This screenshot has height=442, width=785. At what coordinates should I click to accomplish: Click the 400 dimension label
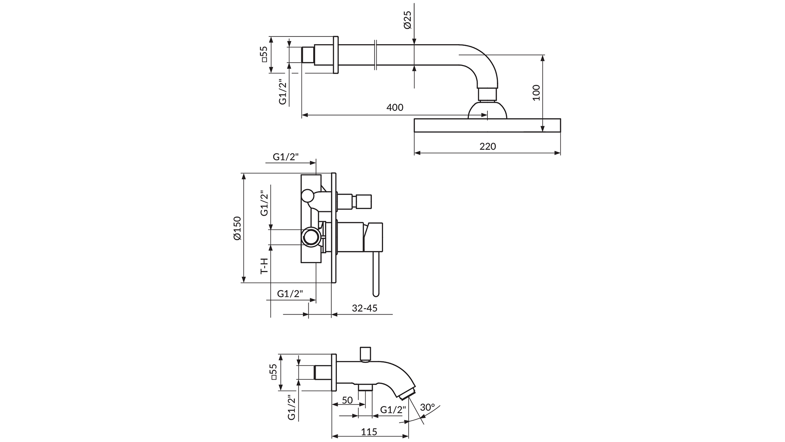point(395,108)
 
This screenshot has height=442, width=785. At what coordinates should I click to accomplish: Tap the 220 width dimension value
point(487,147)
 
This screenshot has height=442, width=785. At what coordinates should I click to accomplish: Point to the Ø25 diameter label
point(408,20)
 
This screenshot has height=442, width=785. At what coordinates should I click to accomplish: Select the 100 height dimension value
point(536,92)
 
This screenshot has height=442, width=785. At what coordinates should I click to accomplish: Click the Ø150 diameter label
point(238,228)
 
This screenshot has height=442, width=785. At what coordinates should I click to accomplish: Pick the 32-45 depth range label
point(364,308)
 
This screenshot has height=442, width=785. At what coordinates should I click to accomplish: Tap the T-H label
point(265,266)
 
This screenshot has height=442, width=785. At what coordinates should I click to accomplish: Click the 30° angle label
point(427,408)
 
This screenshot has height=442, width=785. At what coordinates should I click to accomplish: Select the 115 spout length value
point(369,432)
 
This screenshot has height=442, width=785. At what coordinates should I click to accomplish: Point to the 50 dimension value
point(347,400)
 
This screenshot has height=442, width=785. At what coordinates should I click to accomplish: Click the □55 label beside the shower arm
point(264,54)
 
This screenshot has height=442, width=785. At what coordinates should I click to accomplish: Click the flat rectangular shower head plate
point(487,126)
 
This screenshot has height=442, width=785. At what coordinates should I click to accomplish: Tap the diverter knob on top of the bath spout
point(365,354)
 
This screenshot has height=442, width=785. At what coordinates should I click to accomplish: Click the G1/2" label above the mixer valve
point(286,157)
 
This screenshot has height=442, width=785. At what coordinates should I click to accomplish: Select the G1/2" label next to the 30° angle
point(393,410)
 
